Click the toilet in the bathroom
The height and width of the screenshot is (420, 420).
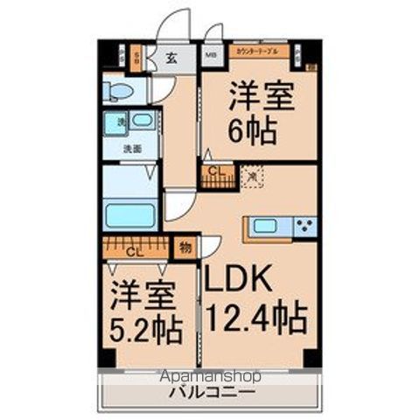[x=118, y=90]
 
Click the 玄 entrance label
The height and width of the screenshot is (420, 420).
[x=172, y=59]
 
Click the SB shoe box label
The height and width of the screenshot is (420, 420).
[x=136, y=59]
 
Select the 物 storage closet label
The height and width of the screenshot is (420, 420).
[x=185, y=248]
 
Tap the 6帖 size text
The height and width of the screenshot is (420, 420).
[x=254, y=130]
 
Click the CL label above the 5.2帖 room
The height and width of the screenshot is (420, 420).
[x=131, y=252]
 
